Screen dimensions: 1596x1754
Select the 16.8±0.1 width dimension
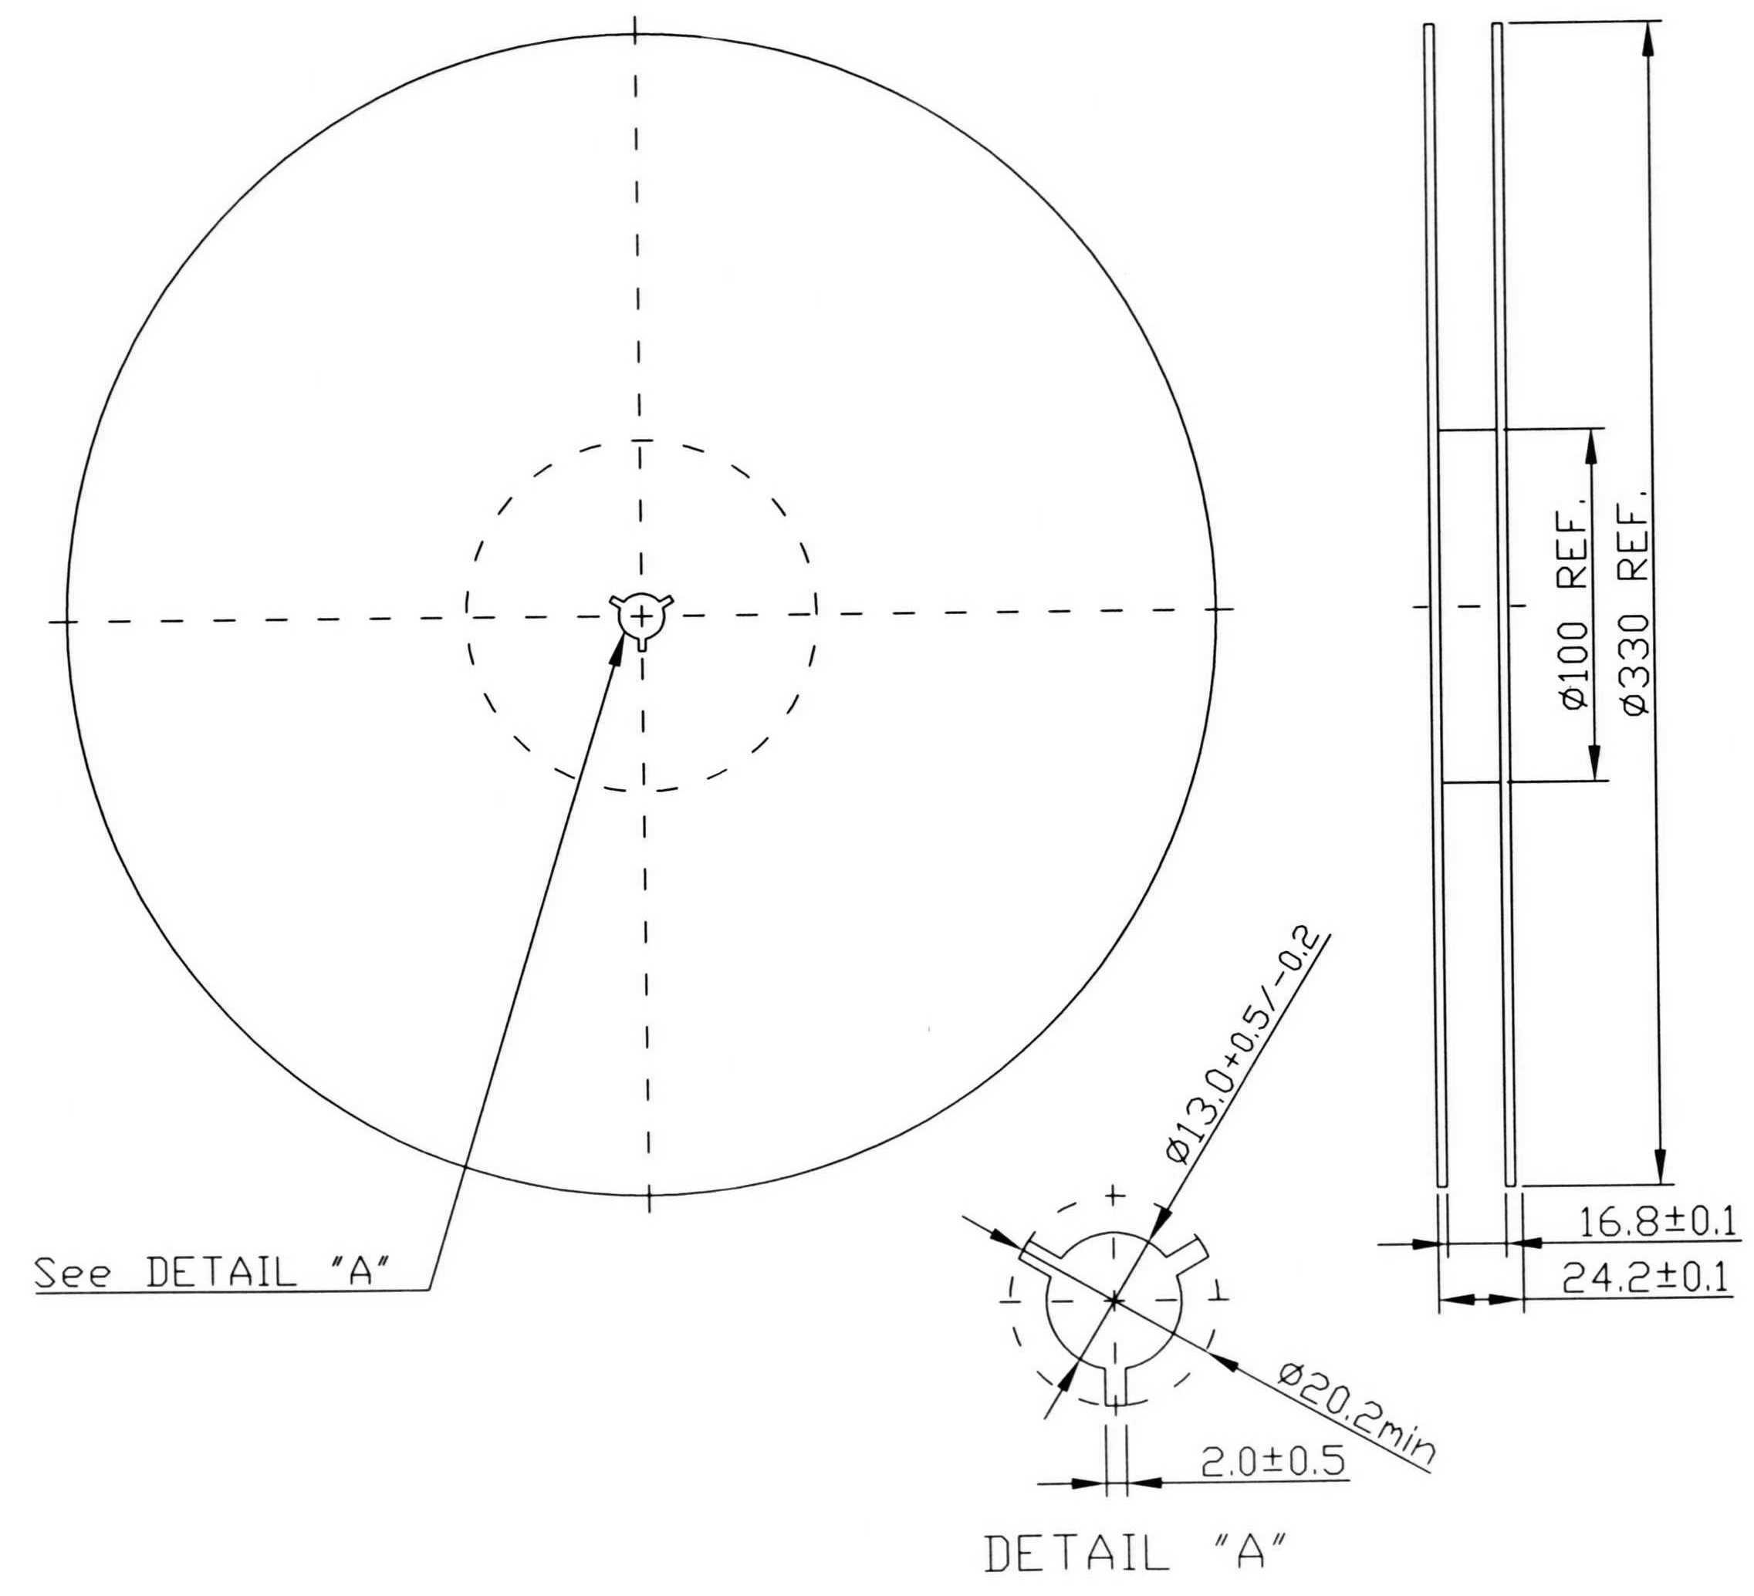pos(1656,1223)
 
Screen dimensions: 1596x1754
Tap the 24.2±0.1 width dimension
pos(1644,1277)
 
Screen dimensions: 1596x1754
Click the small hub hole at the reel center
pos(640,616)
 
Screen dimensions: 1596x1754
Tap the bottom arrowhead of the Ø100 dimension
pos(1594,764)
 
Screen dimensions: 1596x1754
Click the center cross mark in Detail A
pos(1114,1301)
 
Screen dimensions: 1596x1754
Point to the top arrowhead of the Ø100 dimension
pos(1591,445)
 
